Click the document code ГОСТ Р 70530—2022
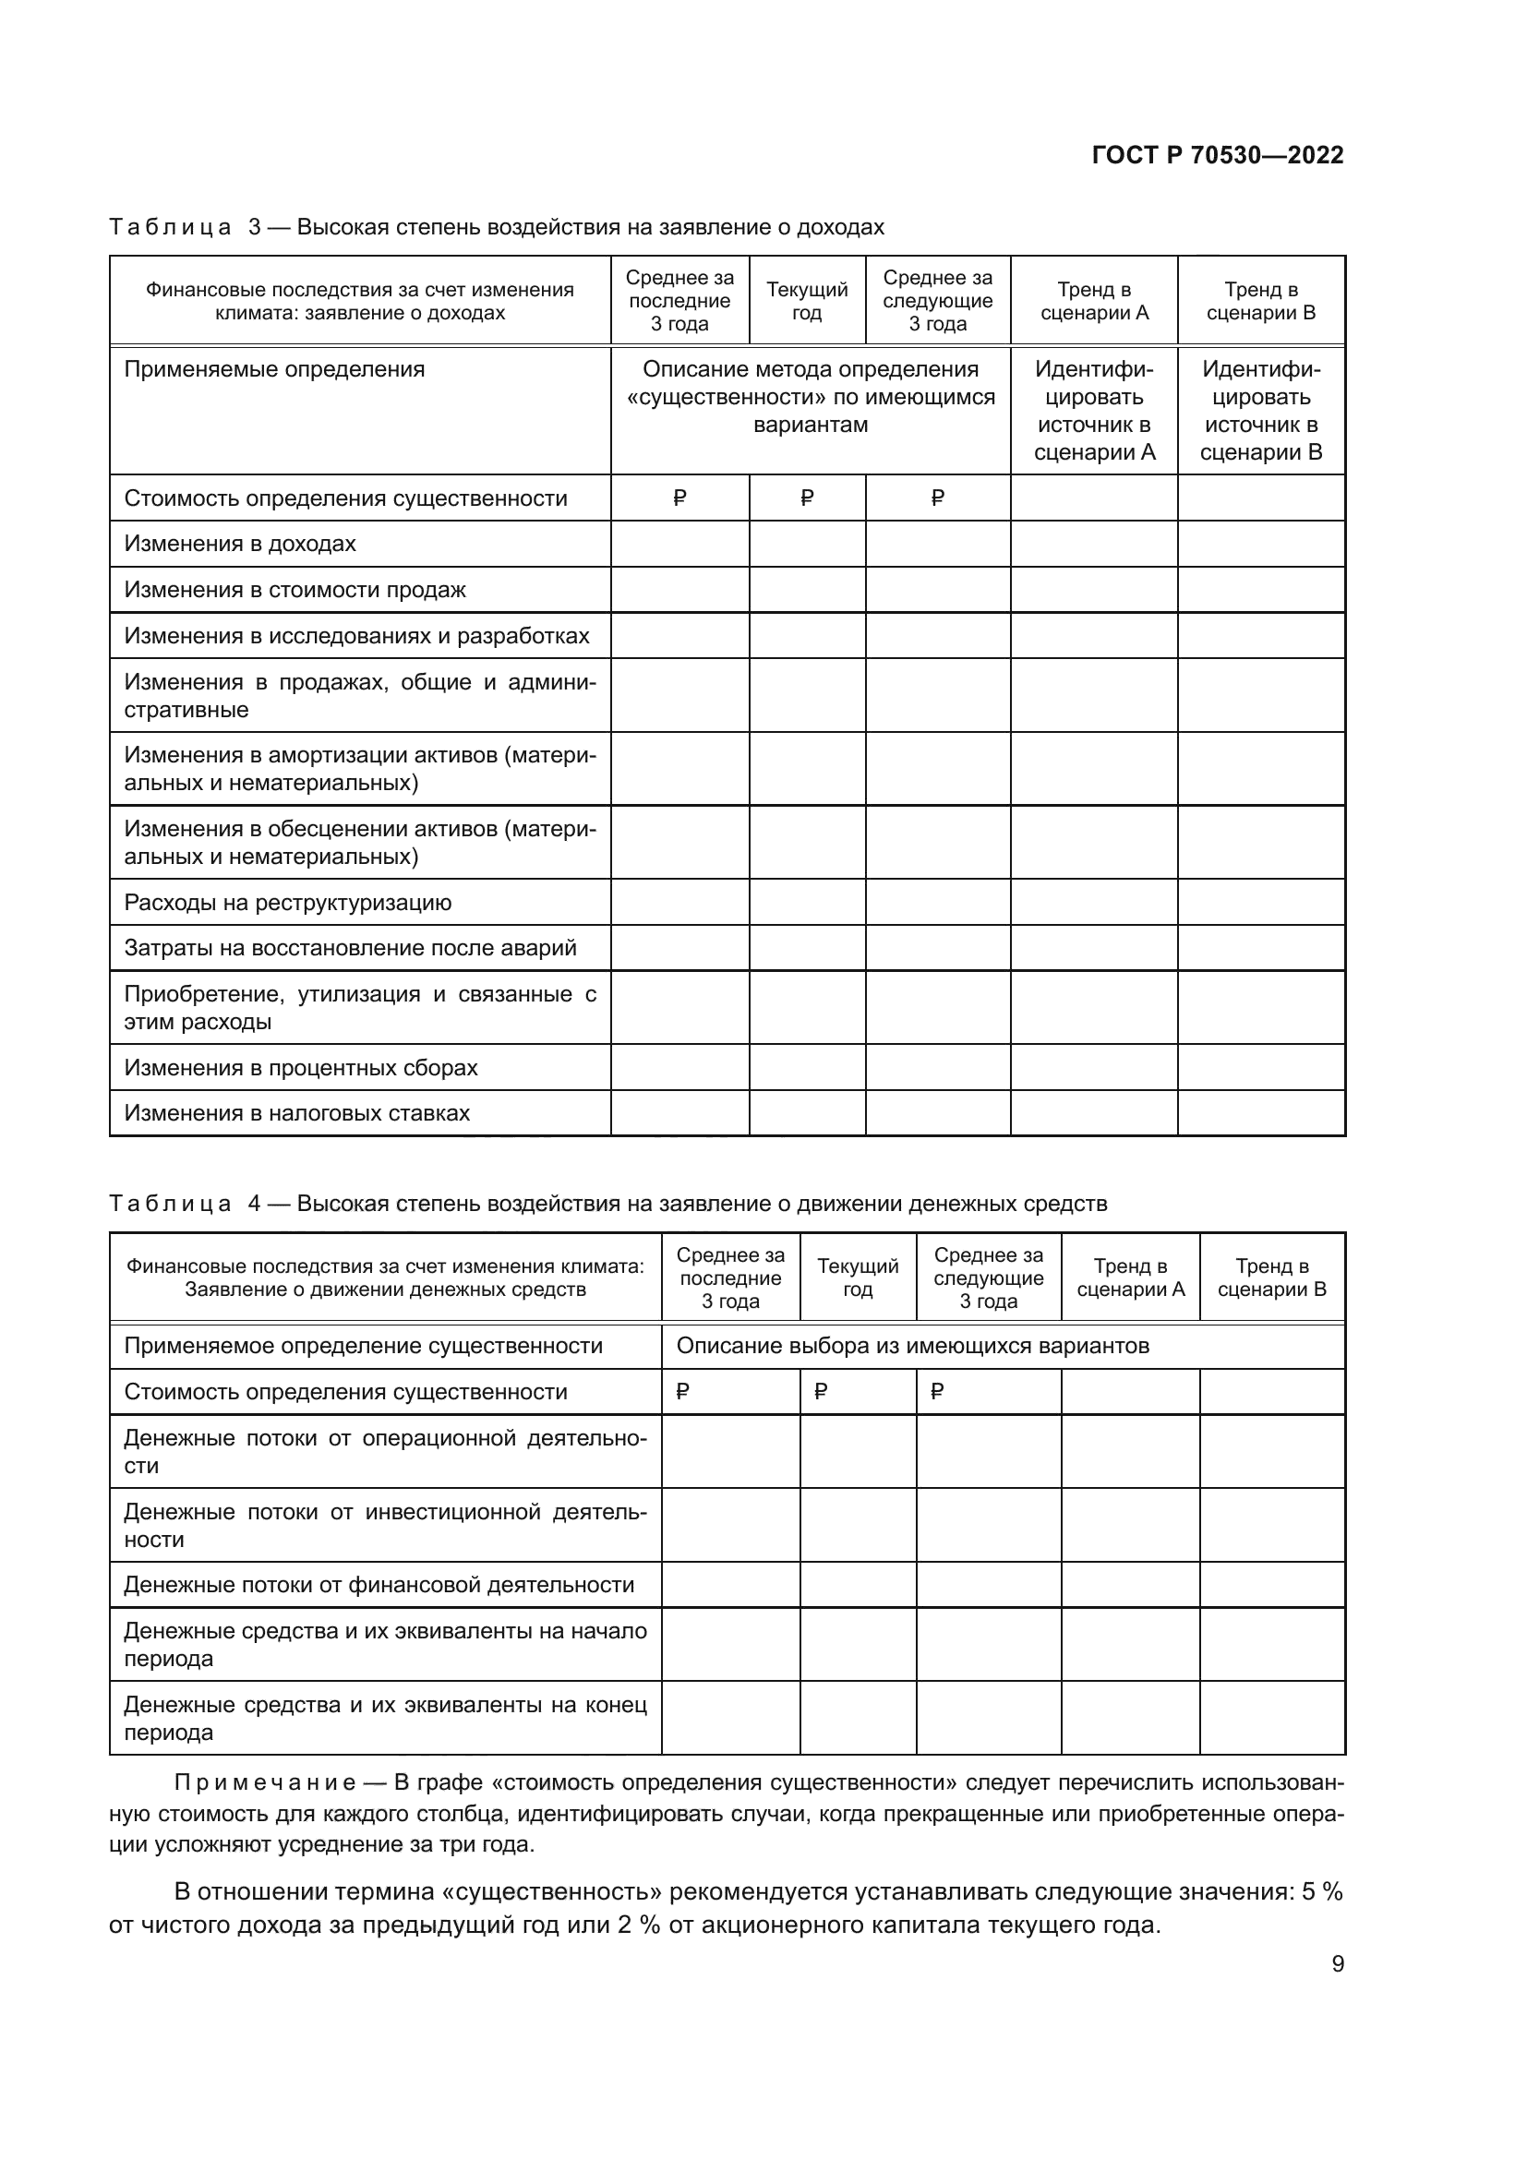point(1217,155)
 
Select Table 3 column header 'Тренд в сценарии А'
point(1093,301)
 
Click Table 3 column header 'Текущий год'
point(806,301)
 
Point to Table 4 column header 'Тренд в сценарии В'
point(1271,1277)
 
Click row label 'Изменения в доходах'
point(240,544)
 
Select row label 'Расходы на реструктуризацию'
point(288,903)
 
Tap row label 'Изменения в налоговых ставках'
point(296,1113)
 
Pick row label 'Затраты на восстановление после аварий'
point(350,948)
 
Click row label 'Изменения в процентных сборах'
point(301,1067)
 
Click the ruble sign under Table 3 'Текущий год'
point(806,498)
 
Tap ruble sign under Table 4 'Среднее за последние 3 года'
point(682,1392)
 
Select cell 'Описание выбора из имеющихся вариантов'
point(912,1346)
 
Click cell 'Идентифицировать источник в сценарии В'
point(1261,411)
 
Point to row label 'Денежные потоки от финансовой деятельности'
point(379,1585)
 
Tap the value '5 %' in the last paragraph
point(1321,1892)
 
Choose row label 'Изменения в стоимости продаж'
point(295,590)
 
